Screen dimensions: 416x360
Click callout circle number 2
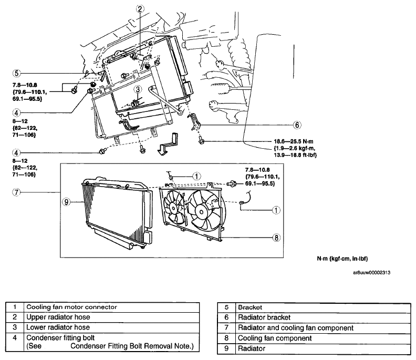140,9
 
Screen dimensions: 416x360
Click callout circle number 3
138,89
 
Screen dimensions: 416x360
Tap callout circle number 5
16,73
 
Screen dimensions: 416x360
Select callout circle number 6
297,125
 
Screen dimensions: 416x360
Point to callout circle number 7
16,192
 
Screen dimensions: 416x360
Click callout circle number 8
276,238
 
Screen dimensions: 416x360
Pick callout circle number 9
66,202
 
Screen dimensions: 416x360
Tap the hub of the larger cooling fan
201,212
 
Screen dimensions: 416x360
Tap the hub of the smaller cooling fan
173,209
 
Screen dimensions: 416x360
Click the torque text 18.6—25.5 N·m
294,141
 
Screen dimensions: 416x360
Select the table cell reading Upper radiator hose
111,317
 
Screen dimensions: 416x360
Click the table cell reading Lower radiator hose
111,327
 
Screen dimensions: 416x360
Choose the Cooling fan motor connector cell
111,307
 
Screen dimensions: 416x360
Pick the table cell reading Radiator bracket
323,317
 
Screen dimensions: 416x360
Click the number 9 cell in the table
226,348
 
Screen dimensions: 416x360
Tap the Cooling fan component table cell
323,338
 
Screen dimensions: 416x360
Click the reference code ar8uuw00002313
371,273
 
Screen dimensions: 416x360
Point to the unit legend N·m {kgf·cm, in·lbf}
342,259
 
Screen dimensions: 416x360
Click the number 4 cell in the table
15,342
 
